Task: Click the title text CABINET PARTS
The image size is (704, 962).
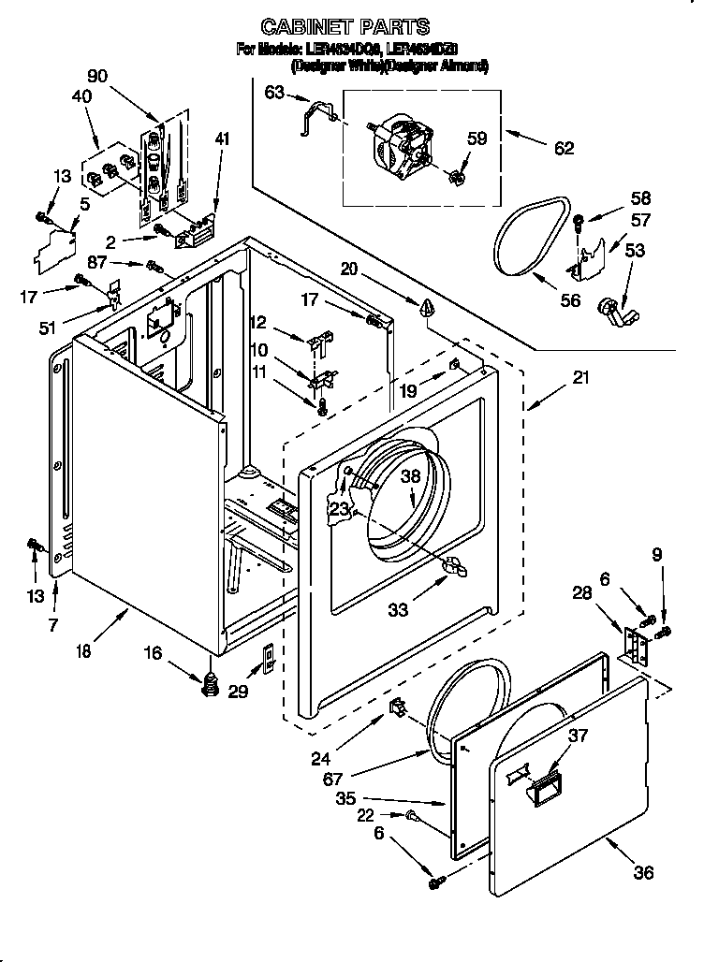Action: tap(345, 27)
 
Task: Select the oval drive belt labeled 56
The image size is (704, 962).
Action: tap(532, 240)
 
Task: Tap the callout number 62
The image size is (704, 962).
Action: tap(564, 148)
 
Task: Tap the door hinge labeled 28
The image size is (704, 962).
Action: tap(637, 647)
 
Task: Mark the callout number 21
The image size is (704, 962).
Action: tap(581, 377)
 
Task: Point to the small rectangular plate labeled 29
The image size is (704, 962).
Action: tap(266, 659)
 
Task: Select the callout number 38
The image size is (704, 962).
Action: tap(409, 475)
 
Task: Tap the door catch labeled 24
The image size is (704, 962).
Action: tap(397, 707)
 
